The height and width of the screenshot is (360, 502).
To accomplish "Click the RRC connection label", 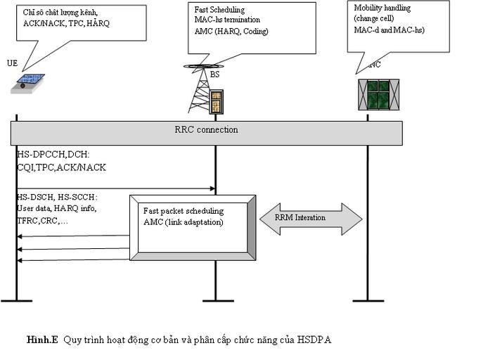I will point(206,129).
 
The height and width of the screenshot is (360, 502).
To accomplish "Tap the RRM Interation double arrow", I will point(310,218).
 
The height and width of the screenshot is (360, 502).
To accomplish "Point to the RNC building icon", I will point(378,94).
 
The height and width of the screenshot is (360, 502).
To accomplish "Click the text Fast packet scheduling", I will point(184,211).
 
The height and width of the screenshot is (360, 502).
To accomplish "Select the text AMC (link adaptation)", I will point(183,221).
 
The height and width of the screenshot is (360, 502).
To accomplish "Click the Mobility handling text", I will point(382,8).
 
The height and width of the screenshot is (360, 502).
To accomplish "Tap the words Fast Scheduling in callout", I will point(219,9).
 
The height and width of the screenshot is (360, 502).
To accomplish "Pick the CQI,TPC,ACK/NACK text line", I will point(61,167).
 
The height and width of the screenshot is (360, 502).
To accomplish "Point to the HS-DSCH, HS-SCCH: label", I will point(57,198).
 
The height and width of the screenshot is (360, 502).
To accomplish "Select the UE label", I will point(12,63).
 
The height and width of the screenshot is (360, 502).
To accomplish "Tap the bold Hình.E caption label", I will point(42,340).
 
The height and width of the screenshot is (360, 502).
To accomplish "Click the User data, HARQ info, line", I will point(56,209).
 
